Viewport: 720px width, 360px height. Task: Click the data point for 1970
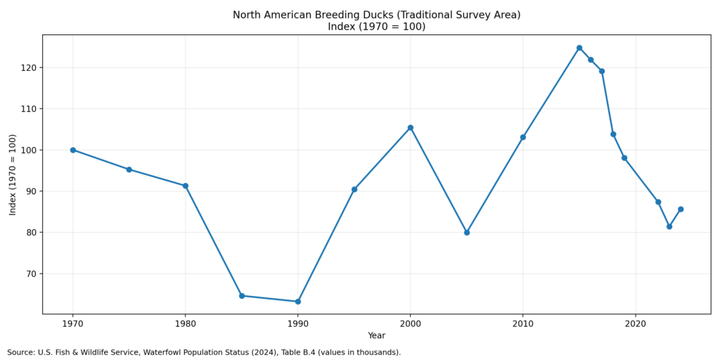point(73,150)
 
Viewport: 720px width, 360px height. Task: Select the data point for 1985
point(242,296)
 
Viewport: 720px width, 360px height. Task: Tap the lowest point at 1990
point(298,302)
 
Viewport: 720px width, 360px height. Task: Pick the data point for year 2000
point(411,128)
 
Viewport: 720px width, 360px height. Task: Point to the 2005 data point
point(467,233)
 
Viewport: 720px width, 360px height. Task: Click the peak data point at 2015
point(579,48)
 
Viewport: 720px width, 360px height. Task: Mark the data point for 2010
point(523,137)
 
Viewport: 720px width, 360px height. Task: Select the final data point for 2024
point(681,210)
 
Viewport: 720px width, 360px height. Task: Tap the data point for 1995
point(354,189)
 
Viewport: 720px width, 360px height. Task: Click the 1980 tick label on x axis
point(186,324)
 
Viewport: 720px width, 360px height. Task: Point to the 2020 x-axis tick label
point(636,324)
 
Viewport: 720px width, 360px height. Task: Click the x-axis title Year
point(376,336)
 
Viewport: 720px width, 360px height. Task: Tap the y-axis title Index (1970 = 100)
point(13,174)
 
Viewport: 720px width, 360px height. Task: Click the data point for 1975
point(129,169)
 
